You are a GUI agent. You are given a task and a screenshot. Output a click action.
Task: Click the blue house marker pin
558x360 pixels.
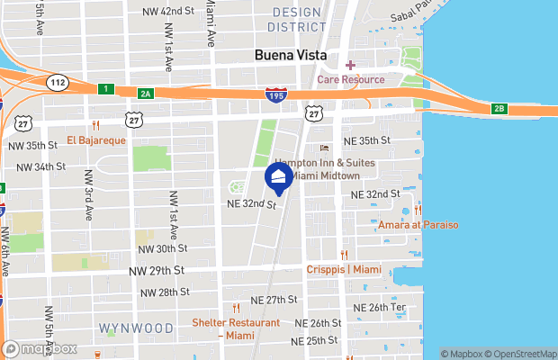coord(278,178)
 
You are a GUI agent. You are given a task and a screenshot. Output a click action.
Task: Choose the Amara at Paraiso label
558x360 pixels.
coord(418,225)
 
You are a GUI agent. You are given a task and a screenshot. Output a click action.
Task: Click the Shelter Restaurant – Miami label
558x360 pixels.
coord(235,328)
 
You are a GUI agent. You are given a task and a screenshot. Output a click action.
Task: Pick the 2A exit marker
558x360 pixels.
coord(146,93)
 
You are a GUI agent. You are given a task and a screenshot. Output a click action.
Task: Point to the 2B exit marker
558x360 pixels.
coord(499,109)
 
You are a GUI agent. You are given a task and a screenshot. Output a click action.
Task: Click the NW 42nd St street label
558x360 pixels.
coord(168,11)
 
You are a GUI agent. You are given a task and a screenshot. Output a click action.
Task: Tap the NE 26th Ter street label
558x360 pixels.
coord(380,308)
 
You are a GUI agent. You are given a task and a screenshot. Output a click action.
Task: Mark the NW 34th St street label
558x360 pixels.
coord(39,166)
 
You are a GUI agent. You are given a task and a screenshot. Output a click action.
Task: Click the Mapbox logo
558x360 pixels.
coord(40,348)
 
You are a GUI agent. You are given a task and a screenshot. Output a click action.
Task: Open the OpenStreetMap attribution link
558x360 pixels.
coord(522,354)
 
